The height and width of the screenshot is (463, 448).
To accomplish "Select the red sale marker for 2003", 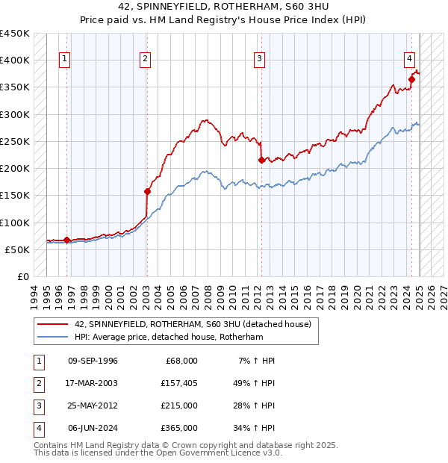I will (147, 191).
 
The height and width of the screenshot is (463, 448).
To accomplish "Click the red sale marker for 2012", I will (261, 160).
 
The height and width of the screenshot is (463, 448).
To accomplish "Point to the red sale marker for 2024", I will (411, 78).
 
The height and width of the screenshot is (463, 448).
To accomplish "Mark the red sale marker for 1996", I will (66, 240).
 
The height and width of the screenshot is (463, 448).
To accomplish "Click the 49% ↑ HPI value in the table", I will (253, 383).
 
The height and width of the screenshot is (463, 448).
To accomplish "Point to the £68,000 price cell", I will (180, 361).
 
